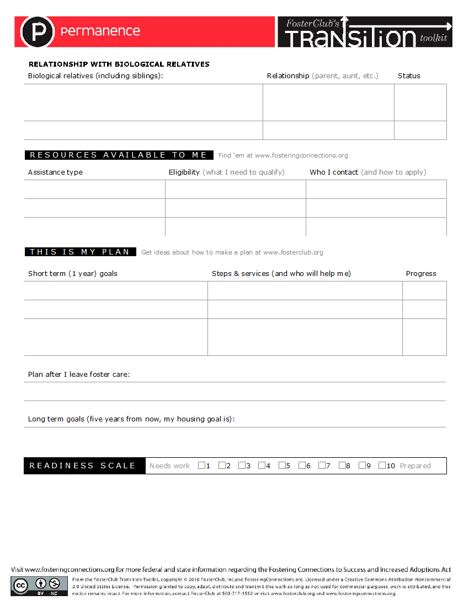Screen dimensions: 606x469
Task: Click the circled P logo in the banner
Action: (x=38, y=32)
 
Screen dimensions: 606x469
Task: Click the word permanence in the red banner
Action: (x=100, y=31)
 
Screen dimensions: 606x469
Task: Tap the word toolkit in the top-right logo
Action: (x=433, y=39)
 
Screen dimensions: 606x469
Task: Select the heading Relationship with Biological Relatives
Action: (x=119, y=64)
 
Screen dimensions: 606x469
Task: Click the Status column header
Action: (x=409, y=76)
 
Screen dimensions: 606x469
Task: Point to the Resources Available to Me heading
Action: (x=119, y=155)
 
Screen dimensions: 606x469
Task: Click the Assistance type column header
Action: (x=55, y=172)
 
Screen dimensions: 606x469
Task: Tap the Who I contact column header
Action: (x=334, y=172)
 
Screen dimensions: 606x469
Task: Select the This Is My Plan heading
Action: (x=80, y=252)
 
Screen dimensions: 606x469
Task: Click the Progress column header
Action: (x=421, y=273)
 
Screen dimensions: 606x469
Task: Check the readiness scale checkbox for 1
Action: (x=201, y=466)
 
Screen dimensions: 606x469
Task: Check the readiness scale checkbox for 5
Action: (x=282, y=466)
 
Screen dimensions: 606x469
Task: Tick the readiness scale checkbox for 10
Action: (x=382, y=466)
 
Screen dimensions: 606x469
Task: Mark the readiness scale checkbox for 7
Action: (x=322, y=466)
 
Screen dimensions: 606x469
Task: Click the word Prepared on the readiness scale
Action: (x=415, y=466)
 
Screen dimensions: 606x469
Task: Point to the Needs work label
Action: (x=169, y=466)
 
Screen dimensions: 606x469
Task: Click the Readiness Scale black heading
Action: (x=83, y=466)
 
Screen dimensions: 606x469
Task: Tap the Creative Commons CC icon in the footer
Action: (x=20, y=585)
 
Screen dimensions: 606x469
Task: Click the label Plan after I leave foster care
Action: (x=79, y=374)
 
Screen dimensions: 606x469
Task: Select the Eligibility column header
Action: (x=184, y=172)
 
